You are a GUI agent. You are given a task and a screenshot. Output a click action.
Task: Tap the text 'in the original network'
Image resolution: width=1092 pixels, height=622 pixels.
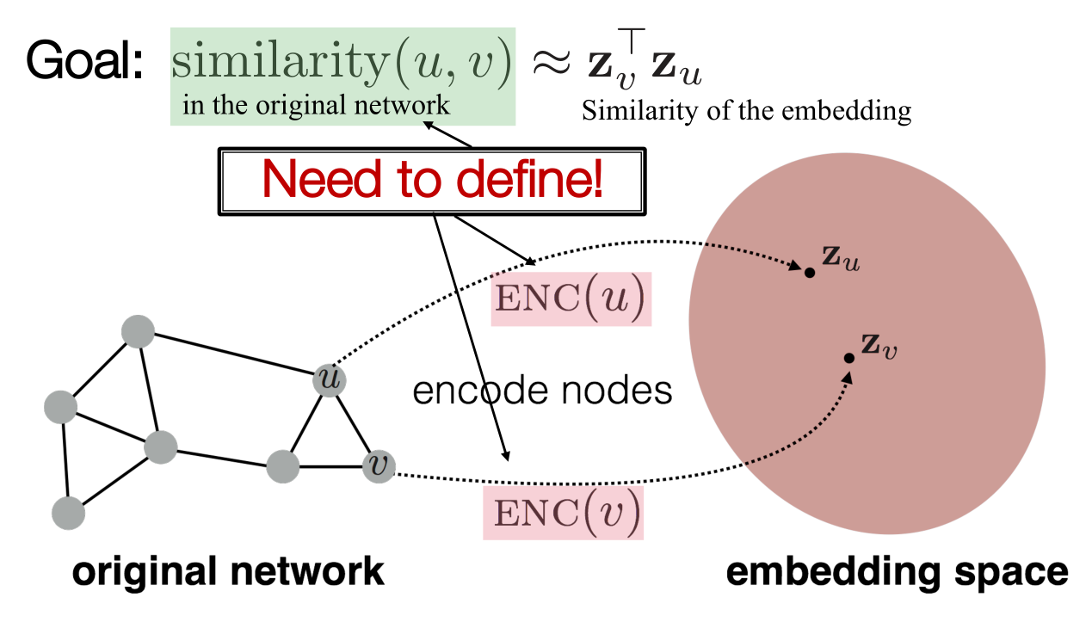[x=316, y=106]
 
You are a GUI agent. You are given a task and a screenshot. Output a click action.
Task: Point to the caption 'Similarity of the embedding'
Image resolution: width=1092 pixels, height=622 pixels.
[x=746, y=112]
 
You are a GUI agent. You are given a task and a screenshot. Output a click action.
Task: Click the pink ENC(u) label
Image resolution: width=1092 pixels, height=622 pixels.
[x=571, y=299]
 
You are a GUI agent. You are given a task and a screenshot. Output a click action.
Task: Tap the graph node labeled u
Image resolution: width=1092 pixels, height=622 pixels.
[x=328, y=379]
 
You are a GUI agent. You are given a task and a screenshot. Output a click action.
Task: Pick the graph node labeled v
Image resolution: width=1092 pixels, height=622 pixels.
[x=377, y=467]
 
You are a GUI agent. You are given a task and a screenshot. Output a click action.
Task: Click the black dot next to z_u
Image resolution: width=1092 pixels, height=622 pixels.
[x=809, y=273]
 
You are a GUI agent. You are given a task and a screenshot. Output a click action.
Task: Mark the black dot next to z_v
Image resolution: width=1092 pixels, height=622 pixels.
[x=848, y=357]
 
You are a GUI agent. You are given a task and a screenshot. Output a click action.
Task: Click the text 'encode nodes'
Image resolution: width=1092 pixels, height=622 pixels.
[x=542, y=391]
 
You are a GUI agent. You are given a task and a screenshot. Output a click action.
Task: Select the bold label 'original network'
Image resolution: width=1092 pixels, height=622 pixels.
[x=227, y=572]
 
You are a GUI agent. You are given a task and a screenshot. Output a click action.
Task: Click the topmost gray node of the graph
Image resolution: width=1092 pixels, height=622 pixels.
[x=138, y=331]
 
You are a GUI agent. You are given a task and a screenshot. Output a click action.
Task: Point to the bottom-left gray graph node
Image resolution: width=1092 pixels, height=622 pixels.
[x=68, y=514]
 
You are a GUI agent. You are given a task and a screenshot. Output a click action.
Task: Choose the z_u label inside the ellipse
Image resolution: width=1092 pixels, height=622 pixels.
[x=840, y=260]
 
